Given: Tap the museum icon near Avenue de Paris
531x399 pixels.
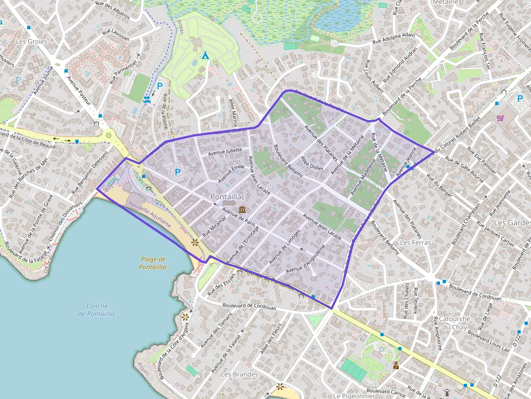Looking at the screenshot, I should click(241, 209).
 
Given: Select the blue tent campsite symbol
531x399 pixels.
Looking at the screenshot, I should click(205, 55).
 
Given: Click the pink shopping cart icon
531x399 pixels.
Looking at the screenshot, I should click(500, 117).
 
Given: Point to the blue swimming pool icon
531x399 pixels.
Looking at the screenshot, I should click(146, 99).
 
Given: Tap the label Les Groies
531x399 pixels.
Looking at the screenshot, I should click(31, 41).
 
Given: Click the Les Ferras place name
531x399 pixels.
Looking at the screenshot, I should click(415, 243).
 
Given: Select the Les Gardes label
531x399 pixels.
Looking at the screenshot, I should click(512, 223).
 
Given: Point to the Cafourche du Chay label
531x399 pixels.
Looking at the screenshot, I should click(454, 323).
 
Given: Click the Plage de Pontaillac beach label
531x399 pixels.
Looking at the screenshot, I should click(153, 263).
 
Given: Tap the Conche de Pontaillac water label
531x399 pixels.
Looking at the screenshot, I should click(96, 310).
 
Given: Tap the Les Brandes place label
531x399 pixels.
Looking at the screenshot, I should click(239, 374).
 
